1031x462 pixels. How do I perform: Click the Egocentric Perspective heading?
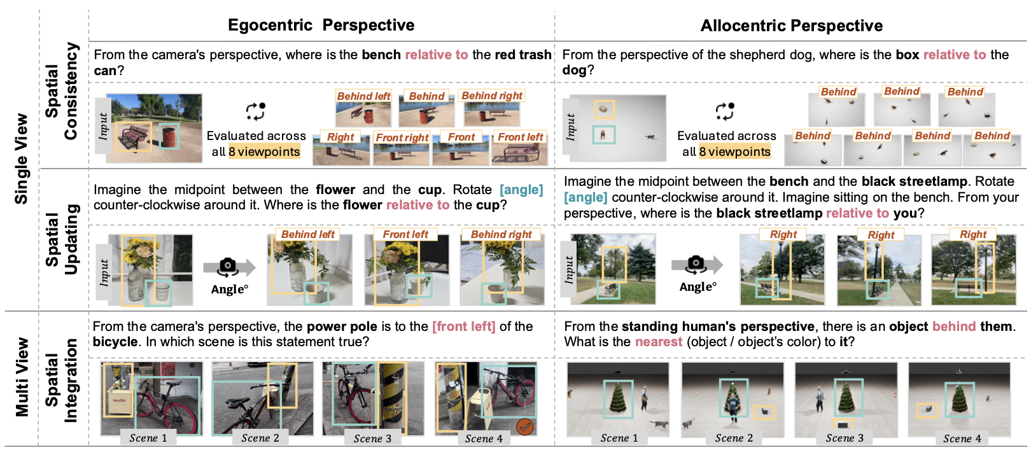click(321, 25)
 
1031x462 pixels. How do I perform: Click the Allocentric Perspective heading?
click(791, 25)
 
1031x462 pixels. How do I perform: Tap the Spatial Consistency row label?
click(61, 90)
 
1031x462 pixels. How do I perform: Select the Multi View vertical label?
click(22, 377)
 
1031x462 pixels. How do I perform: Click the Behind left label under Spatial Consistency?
click(363, 96)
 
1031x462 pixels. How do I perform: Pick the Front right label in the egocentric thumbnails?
click(402, 137)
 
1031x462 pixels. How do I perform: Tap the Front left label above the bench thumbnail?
click(520, 137)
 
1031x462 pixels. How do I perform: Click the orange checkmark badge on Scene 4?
click(525, 426)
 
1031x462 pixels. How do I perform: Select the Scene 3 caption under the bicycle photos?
click(372, 438)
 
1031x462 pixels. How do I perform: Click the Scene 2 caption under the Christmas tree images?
click(733, 438)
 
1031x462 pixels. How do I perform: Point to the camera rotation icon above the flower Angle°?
click(228, 267)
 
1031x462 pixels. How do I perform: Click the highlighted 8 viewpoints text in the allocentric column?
click(734, 151)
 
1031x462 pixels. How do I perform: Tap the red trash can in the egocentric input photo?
click(169, 136)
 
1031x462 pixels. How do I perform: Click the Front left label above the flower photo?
click(405, 234)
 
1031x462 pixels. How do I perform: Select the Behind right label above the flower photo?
click(501, 234)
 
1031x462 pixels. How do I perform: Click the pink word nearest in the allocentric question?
click(658, 342)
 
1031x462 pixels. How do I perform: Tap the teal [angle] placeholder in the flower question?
click(521, 190)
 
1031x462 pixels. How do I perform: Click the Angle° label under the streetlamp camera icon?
click(698, 287)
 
